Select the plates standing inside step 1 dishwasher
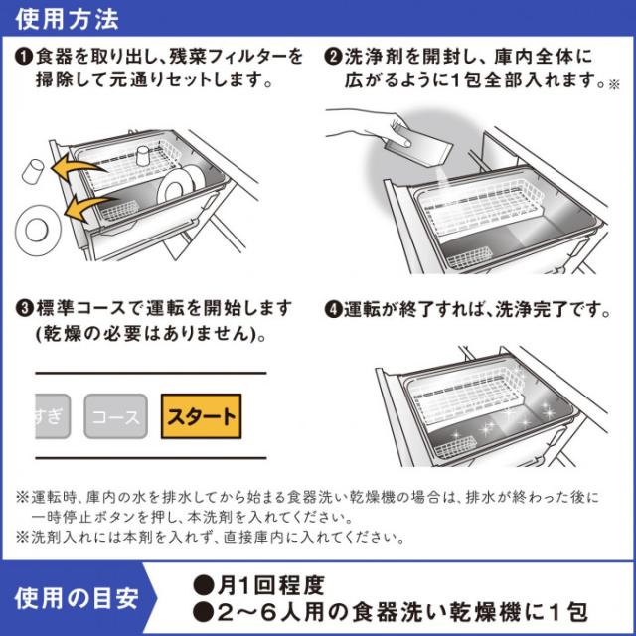(180, 182)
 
